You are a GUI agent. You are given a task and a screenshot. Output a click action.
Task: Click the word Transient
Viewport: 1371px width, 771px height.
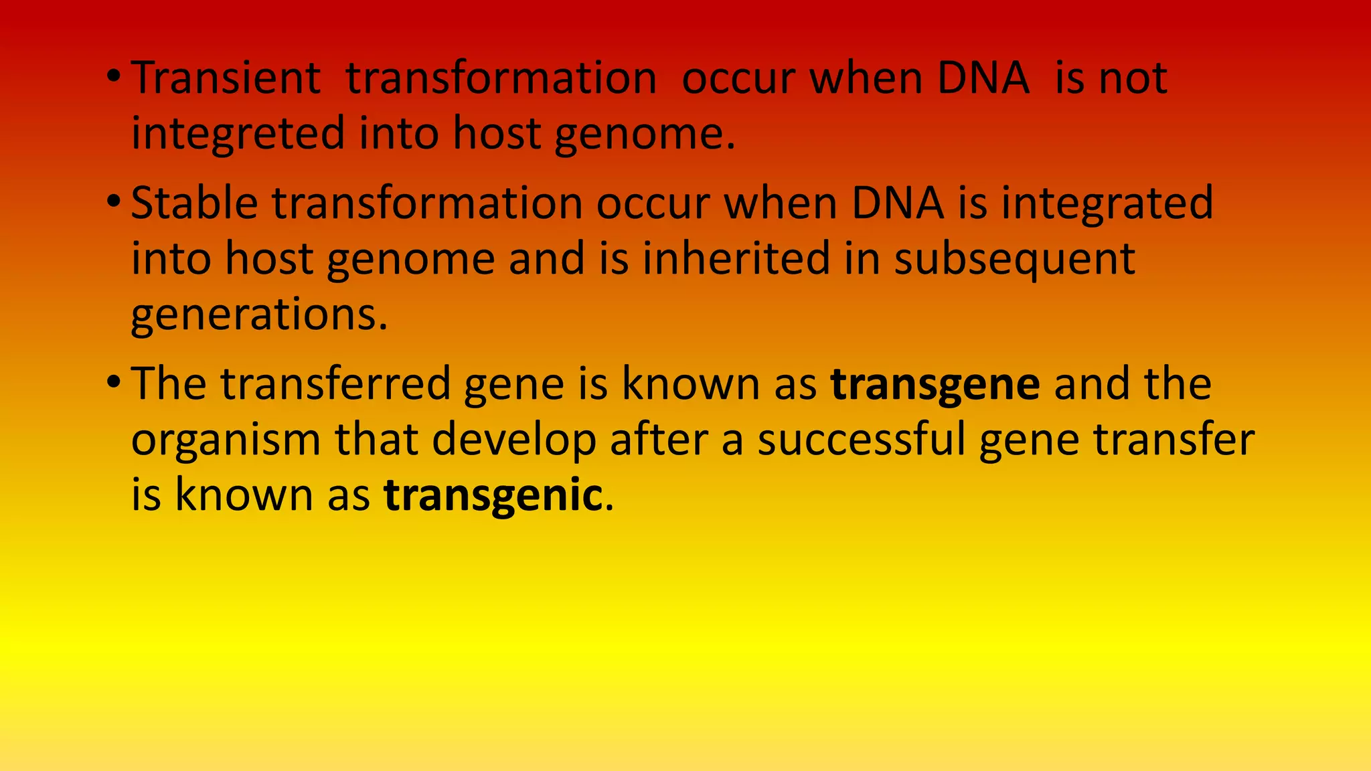226,78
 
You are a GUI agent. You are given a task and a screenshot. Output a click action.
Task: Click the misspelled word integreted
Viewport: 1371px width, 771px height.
238,134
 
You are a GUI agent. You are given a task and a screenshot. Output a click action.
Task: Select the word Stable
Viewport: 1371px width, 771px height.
194,203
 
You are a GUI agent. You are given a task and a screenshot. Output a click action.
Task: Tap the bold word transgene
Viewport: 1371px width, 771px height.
935,385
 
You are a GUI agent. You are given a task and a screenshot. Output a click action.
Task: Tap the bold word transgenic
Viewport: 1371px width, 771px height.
493,496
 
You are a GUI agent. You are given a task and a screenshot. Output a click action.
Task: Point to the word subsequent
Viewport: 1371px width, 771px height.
1015,259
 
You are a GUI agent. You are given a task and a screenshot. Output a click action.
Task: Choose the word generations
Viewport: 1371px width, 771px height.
259,315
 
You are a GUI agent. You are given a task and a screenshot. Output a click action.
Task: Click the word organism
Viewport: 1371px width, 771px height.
225,440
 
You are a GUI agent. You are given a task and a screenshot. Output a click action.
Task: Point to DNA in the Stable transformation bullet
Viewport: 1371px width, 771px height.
897,203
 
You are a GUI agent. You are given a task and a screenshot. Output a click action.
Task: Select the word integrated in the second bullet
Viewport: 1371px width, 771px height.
1107,203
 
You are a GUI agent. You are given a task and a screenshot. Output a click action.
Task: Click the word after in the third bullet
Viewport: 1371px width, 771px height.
659,440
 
